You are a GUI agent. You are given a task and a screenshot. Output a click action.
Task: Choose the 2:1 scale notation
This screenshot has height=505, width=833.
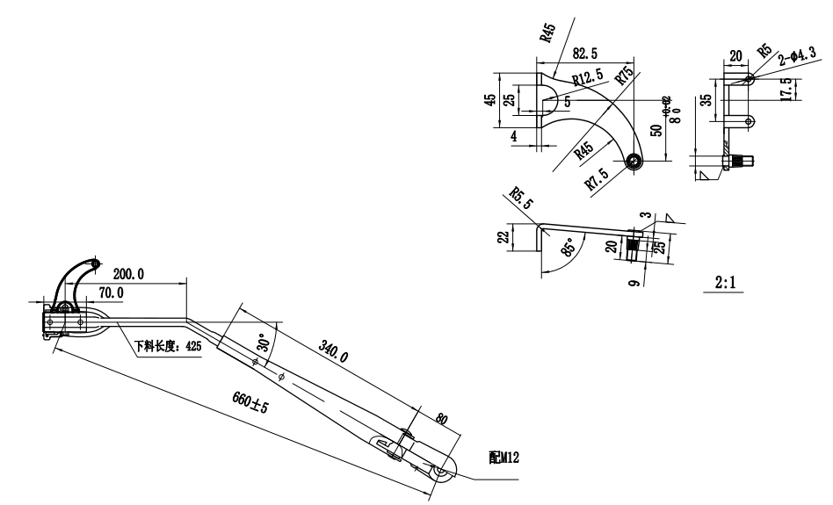726,284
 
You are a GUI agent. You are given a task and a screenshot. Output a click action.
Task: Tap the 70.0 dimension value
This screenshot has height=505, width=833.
111,292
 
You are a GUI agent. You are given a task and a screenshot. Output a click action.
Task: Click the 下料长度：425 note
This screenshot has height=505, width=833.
168,346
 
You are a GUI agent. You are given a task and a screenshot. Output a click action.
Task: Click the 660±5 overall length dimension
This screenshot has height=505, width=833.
250,407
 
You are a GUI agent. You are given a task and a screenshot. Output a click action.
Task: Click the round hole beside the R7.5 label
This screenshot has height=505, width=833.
636,162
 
